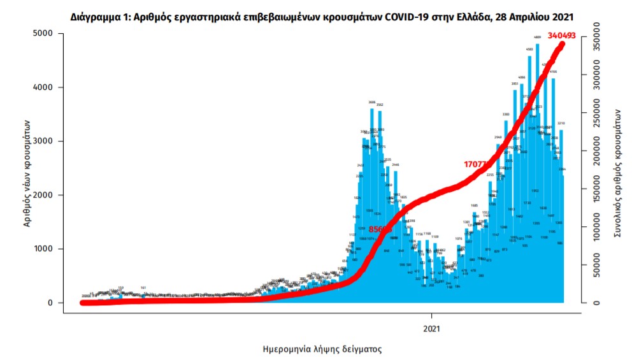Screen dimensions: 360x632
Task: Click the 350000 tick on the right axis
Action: click(594, 32)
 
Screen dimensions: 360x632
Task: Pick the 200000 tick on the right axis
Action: click(594, 148)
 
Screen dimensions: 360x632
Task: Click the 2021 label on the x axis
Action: click(432, 329)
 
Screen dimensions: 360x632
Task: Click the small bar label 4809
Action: click(538, 38)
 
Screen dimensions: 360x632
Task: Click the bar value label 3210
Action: click(562, 123)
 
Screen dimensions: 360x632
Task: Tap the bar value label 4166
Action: click(553, 72)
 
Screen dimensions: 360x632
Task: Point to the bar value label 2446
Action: click(395, 164)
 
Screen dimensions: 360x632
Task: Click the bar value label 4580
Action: click(529, 49)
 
